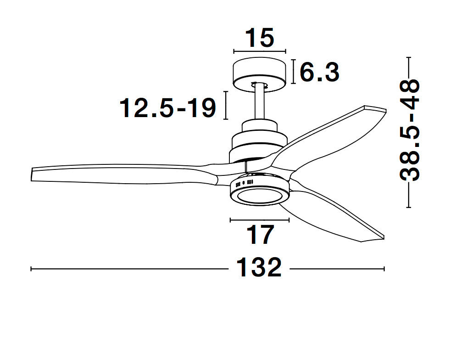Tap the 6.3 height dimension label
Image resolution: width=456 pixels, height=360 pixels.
[320, 73]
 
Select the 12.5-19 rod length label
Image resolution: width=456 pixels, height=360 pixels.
[167, 108]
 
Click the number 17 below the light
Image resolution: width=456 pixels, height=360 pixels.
[260, 235]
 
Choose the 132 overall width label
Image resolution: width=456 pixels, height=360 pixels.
[259, 267]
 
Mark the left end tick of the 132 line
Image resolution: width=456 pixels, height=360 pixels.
[31, 269]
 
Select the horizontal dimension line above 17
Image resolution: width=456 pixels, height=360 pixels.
[260, 220]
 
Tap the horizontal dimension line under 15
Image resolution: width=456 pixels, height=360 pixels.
[260, 51]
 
